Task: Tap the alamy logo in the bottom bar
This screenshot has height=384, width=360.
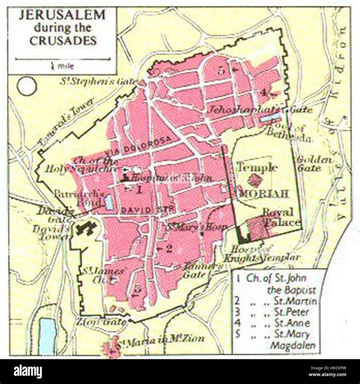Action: [39, 370]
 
